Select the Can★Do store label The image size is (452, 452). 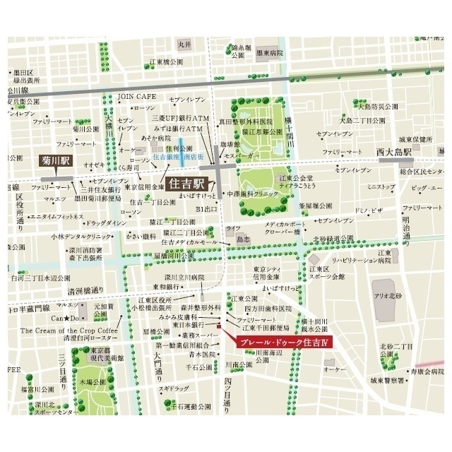point(64,319)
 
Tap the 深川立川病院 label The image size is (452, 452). point(178,277)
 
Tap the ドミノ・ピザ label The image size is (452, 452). point(368,210)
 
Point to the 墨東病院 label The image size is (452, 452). point(269,52)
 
